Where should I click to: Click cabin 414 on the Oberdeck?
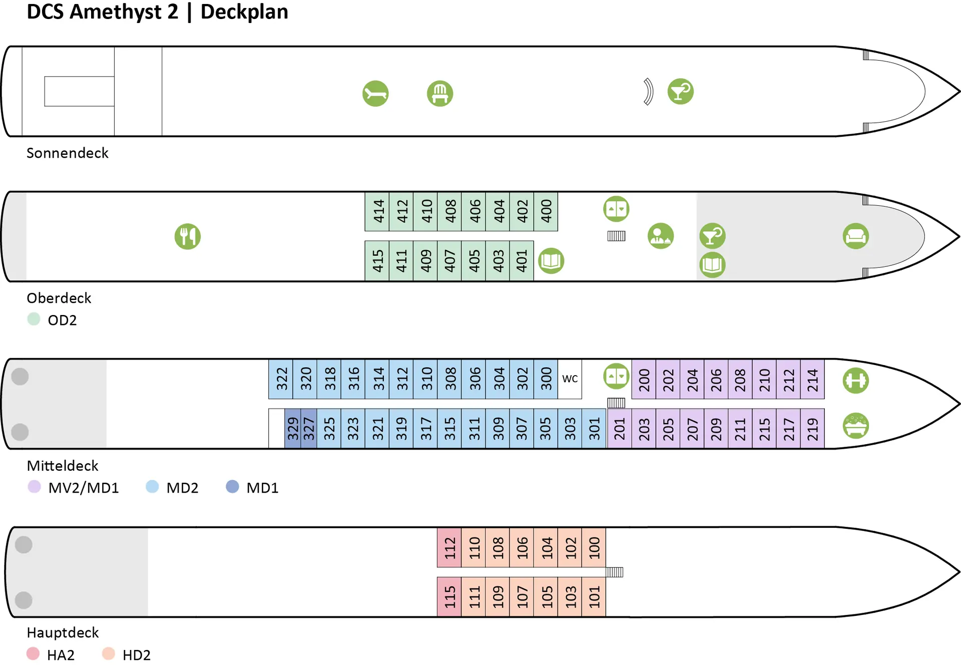(x=377, y=211)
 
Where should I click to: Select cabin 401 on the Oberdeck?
(x=522, y=261)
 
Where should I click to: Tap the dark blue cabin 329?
(x=292, y=429)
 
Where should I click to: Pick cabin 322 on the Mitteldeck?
(x=281, y=379)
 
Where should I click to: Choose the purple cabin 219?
(x=812, y=429)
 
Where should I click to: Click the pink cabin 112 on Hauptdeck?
(x=449, y=547)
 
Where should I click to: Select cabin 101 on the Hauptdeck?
(x=594, y=596)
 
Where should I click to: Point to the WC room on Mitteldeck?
(x=570, y=379)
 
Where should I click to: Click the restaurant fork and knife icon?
(x=188, y=236)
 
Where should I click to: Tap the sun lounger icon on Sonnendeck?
(x=375, y=94)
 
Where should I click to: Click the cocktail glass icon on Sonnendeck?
(x=680, y=92)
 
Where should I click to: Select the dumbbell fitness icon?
(x=855, y=381)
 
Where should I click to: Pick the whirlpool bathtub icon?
(x=855, y=426)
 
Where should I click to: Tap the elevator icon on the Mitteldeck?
(x=616, y=376)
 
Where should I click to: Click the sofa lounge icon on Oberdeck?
(x=855, y=236)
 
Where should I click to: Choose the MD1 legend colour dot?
(x=232, y=487)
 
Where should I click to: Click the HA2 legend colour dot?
(x=33, y=653)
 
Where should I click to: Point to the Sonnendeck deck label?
(x=67, y=153)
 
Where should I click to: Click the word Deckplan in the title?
(x=244, y=12)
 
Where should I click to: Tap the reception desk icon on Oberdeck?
(x=660, y=236)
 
